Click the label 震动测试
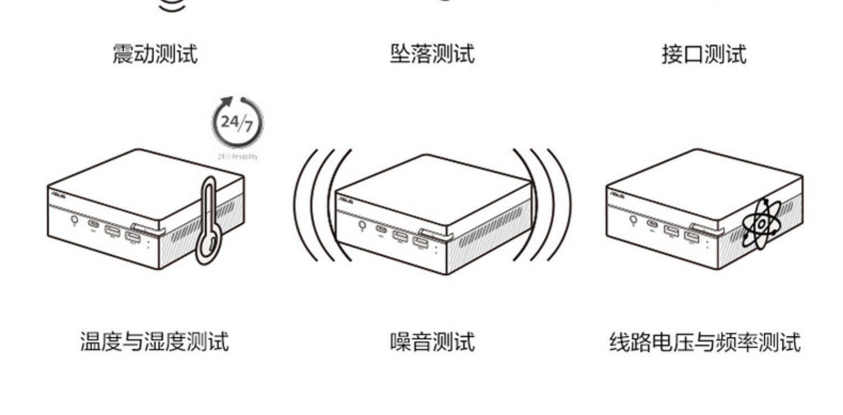(155, 55)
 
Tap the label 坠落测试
(432, 55)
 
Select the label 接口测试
(704, 55)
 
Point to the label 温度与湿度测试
(155, 341)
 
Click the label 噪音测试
(432, 341)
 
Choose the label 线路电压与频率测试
(705, 341)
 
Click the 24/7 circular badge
(237, 123)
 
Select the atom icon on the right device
(761, 224)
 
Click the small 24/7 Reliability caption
(237, 156)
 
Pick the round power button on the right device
(633, 219)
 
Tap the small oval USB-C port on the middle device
(382, 229)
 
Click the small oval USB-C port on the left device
(93, 224)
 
